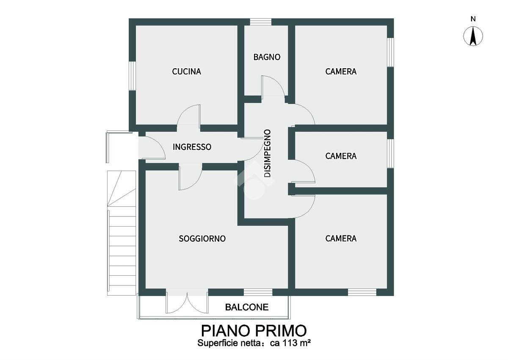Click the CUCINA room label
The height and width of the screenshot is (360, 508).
point(186,72)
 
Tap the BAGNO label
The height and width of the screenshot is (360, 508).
point(267,57)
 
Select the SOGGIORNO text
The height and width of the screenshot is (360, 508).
point(202,238)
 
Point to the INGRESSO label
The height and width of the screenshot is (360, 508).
point(192,147)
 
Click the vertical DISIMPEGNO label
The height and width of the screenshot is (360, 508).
point(268,153)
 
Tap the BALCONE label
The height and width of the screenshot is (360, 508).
point(247,307)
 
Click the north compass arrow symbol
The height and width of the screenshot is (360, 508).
point(473,36)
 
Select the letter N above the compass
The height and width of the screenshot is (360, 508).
point(473,19)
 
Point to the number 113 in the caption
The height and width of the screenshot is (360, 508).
point(289,343)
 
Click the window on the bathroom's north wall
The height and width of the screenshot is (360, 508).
point(261,22)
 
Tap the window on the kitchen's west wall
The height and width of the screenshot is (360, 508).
point(132,76)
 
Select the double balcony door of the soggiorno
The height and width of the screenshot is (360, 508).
point(187,301)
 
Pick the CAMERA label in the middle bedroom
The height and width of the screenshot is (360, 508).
point(341,156)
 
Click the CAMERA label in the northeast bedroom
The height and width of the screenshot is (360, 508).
point(341,72)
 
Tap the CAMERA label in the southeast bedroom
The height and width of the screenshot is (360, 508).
point(341,238)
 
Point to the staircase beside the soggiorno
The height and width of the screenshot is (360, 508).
point(121,233)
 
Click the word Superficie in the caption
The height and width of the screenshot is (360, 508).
point(218,343)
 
